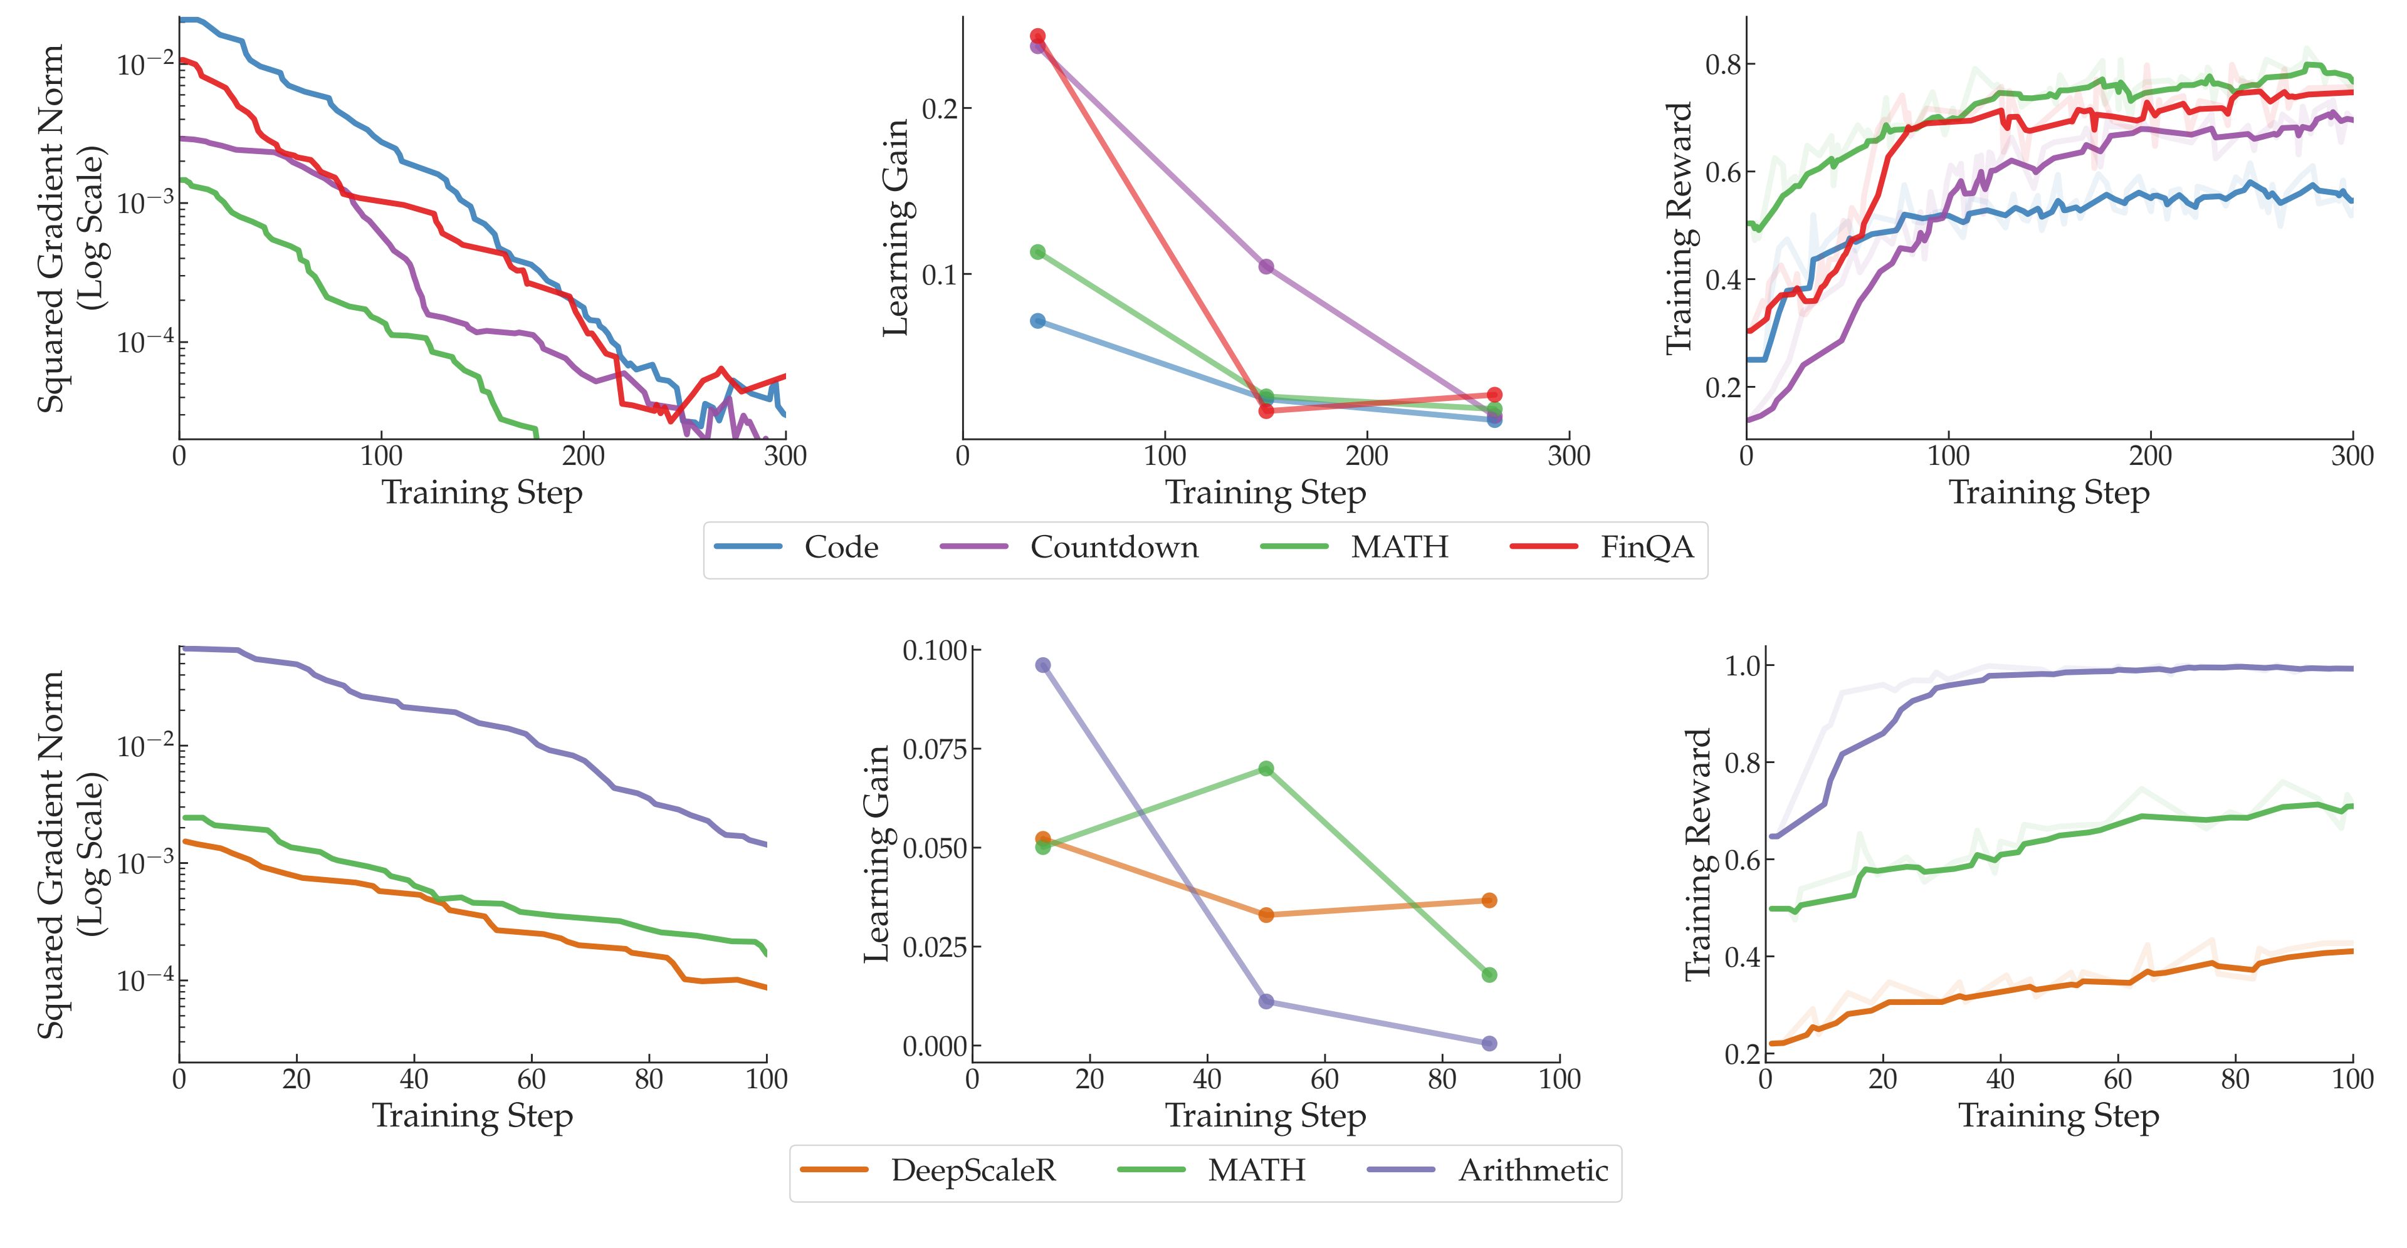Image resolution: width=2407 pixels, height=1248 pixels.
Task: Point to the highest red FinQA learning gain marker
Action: [x=1037, y=36]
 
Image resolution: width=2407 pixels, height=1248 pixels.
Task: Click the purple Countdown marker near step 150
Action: [x=1266, y=266]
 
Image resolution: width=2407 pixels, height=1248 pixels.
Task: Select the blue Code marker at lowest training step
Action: [x=1037, y=320]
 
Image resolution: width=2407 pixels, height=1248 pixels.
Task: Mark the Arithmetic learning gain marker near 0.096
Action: [x=1043, y=665]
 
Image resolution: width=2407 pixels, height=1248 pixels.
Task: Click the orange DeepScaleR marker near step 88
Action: [x=1489, y=900]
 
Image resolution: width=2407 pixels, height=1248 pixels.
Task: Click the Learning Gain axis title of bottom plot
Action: [x=876, y=854]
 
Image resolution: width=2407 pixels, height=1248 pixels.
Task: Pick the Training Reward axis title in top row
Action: [x=1679, y=228]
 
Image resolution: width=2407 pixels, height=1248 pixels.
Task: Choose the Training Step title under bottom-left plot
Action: [x=472, y=1116]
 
